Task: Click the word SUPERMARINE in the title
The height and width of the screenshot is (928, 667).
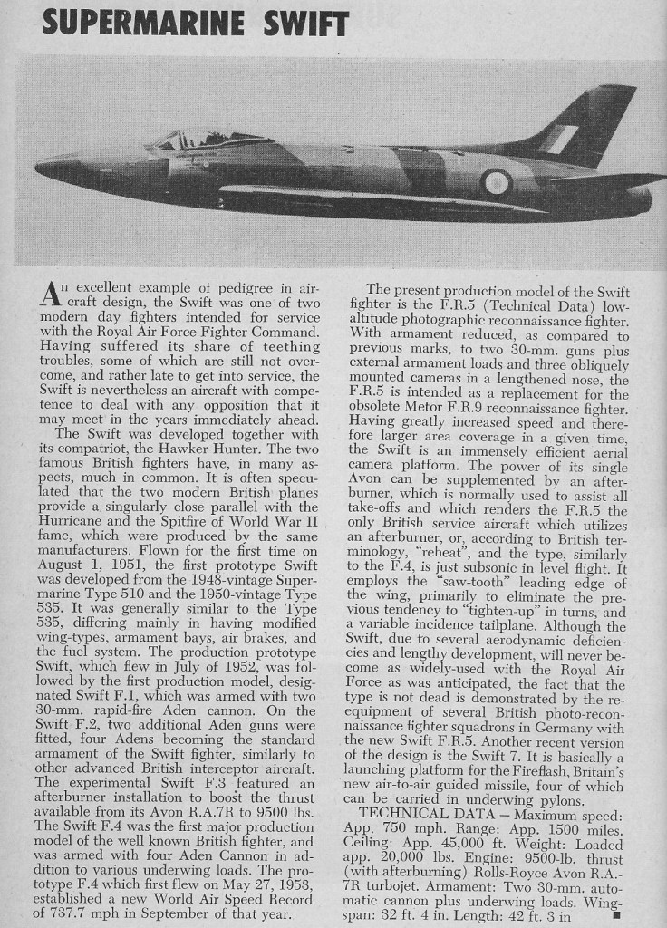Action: pyautogui.click(x=158, y=23)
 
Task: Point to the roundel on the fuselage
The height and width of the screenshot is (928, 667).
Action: pyautogui.click(x=497, y=182)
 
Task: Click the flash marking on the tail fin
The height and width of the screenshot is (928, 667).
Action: pyautogui.click(x=559, y=140)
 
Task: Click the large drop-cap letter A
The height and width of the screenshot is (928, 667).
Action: pyautogui.click(x=52, y=295)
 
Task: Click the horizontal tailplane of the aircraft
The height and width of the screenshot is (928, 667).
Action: pyautogui.click(x=598, y=179)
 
